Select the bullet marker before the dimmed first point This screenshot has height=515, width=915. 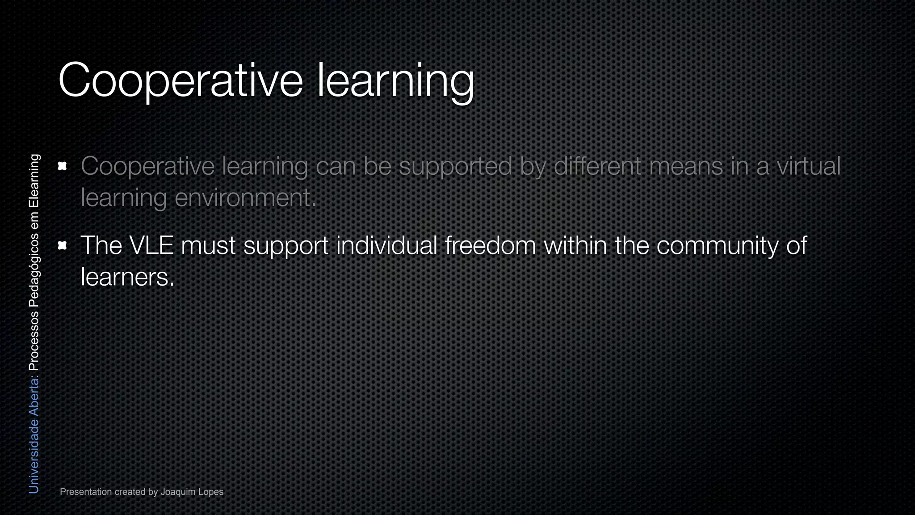pos(63,166)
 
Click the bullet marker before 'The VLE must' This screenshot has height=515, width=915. pos(63,245)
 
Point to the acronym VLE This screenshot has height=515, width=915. pos(151,245)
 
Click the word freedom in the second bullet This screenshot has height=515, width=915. pos(490,245)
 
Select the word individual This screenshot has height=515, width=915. pos(386,245)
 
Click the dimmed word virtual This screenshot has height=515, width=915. pos(809,166)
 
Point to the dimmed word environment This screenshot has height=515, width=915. pos(245,198)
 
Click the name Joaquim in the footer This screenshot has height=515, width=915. pos(178,492)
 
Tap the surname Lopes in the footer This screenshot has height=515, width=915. pos(211,492)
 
